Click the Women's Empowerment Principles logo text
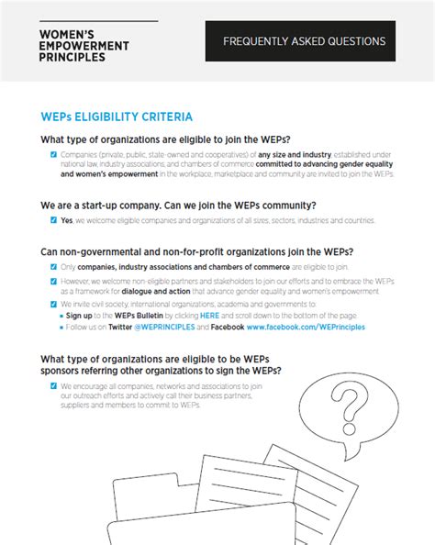coord(84,44)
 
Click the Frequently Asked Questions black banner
coord(304,41)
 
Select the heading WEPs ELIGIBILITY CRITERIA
coord(117,117)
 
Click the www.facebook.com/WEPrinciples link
coord(305,326)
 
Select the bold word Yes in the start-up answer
coord(66,220)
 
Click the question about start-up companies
coord(178,205)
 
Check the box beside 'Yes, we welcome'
coord(53,220)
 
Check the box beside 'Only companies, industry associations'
coord(53,266)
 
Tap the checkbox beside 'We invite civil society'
coord(53,303)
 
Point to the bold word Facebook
coord(226,326)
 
